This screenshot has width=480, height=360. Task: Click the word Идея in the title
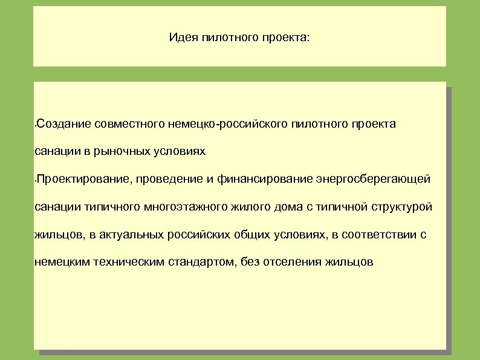[181, 38]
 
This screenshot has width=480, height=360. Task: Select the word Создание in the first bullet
[64, 124]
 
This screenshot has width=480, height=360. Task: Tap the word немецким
[61, 263]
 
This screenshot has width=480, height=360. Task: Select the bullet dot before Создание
[35, 125]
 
